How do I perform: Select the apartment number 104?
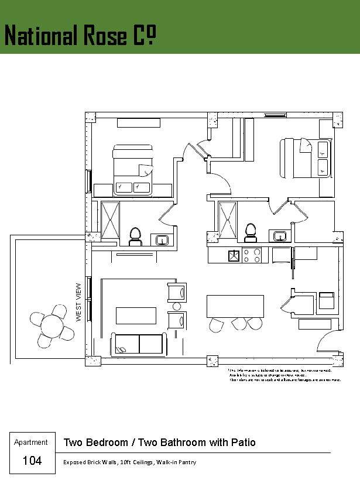tap(32, 461)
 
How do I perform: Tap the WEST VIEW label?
tap(79, 302)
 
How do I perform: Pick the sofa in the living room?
tap(139, 344)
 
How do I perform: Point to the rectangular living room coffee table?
tap(136, 316)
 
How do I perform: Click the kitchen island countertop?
tap(235, 306)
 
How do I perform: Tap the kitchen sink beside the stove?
tap(234, 255)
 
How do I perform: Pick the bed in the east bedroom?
tap(304, 157)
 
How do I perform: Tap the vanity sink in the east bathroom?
tap(280, 236)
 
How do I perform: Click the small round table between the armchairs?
tap(176, 306)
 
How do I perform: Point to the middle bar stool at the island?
tap(238, 323)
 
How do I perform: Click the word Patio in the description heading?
tap(243, 443)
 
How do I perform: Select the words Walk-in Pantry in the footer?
tap(176, 462)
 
